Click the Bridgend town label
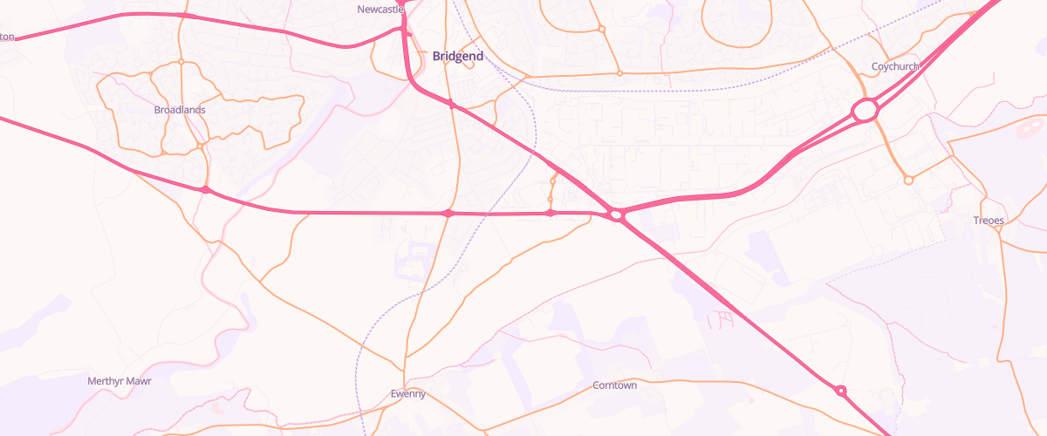457,56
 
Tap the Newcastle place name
381,9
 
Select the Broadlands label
180,110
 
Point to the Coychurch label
895,66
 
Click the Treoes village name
989,221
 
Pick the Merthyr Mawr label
120,381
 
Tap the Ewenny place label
407,394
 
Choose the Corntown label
614,385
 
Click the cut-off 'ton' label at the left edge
8,37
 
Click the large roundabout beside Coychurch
865,111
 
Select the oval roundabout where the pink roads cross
616,214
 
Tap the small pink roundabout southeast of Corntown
840,391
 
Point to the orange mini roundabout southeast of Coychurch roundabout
908,181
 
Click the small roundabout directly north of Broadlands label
181,62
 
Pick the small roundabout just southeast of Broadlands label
201,147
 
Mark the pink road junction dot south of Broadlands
205,189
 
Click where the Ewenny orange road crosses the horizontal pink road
448,214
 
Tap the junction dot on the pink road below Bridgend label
451,105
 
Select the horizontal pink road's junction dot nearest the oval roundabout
550,213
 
